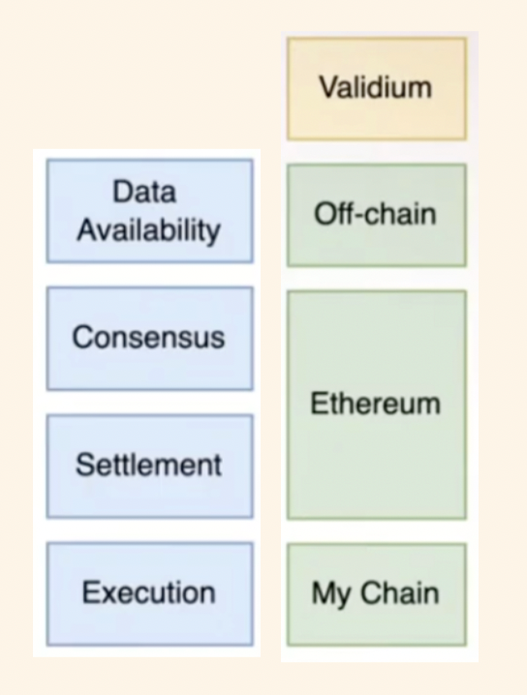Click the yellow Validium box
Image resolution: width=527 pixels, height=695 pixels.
tap(377, 89)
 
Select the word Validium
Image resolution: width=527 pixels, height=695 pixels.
tap(375, 87)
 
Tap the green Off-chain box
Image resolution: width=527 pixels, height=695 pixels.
tap(377, 216)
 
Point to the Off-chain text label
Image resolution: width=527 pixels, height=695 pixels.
tap(375, 214)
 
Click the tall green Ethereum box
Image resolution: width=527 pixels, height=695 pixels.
tap(377, 406)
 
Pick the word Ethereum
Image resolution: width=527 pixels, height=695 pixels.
tap(375, 404)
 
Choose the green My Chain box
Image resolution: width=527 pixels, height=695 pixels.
tap(377, 595)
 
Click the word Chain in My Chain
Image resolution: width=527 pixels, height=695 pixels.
tap(400, 592)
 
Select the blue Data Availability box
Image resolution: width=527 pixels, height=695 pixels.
tap(150, 211)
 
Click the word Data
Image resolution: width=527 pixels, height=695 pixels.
tap(144, 192)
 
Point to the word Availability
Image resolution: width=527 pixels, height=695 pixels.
tap(148, 230)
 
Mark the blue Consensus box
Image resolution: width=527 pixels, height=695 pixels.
tap(150, 339)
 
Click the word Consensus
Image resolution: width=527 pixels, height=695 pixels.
tap(148, 337)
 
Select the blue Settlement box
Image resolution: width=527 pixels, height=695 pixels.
tap(150, 467)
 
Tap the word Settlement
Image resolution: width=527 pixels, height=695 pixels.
tap(148, 465)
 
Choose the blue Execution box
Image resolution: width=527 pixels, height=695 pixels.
tap(150, 594)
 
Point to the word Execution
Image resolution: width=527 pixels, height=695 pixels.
tap(148, 592)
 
